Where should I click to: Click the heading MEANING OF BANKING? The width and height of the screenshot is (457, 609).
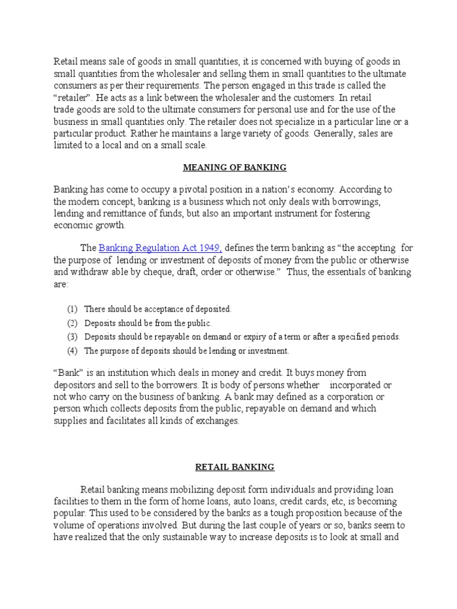click(x=234, y=168)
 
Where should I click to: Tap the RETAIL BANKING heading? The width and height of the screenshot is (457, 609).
click(x=234, y=467)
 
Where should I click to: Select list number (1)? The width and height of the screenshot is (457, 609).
click(x=71, y=309)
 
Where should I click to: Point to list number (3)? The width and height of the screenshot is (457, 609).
click(x=71, y=337)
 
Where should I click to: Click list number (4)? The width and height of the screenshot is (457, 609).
click(x=71, y=350)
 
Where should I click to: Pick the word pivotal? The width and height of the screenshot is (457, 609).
click(x=185, y=190)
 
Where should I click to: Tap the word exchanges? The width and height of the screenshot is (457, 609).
click(x=217, y=420)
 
